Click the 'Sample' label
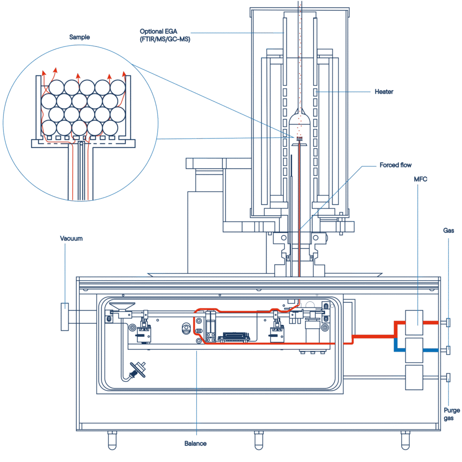(79, 37)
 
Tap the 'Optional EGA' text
(158, 32)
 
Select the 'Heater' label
(384, 92)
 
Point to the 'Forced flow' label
(395, 165)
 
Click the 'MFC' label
(420, 179)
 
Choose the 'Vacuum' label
(71, 238)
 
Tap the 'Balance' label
(195, 444)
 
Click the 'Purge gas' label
(452, 414)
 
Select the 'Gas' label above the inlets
(448, 231)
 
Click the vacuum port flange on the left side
(65, 317)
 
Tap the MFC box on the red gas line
(414, 323)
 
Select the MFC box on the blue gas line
(414, 350)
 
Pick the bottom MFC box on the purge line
(414, 378)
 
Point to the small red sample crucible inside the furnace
(300, 139)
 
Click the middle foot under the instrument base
(259, 440)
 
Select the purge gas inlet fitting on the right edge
(448, 378)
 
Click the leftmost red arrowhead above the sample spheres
(44, 73)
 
